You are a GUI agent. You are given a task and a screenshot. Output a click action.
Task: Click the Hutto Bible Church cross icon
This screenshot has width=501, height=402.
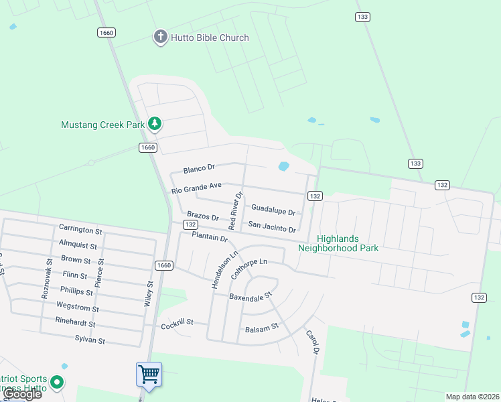[160, 37]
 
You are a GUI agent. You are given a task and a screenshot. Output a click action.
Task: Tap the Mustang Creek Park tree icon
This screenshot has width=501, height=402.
[155, 124]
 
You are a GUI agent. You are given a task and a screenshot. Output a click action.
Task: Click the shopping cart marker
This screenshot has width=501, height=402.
[148, 375]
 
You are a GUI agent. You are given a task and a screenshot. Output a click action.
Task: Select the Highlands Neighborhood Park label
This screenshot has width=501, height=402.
[338, 243]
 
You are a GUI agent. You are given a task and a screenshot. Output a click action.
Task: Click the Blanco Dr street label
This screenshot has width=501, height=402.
[198, 168]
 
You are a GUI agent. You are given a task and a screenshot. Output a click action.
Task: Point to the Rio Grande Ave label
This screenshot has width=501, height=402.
[196, 188]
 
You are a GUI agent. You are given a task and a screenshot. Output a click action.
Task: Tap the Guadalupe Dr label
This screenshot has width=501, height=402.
[273, 210]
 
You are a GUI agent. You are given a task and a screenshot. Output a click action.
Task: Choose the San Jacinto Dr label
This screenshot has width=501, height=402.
[272, 226]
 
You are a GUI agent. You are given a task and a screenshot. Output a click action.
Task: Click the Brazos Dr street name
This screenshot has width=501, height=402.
[203, 216]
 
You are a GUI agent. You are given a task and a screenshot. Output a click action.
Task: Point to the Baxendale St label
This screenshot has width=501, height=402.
[250, 295]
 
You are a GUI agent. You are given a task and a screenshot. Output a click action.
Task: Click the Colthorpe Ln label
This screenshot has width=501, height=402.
[248, 269]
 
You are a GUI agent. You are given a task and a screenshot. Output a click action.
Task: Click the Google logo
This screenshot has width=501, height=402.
[23, 394]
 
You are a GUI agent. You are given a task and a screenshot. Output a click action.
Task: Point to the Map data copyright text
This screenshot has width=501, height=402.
[472, 397]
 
